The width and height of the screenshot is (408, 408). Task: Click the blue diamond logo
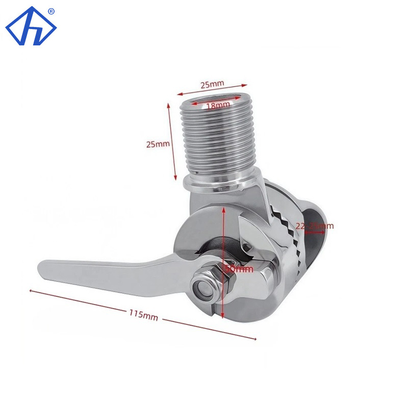click(x=31, y=27)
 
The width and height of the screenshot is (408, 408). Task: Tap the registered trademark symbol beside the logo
click(x=51, y=10)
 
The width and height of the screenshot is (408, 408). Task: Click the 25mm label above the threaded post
click(x=212, y=83)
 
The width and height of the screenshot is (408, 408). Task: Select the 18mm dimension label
click(x=217, y=105)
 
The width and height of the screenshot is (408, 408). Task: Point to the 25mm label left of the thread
click(x=158, y=144)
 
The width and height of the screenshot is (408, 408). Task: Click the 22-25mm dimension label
click(x=315, y=225)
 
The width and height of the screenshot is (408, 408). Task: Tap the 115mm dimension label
click(x=144, y=315)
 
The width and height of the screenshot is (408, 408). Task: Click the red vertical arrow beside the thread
click(x=173, y=141)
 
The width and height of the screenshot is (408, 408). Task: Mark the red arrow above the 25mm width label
click(x=212, y=90)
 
